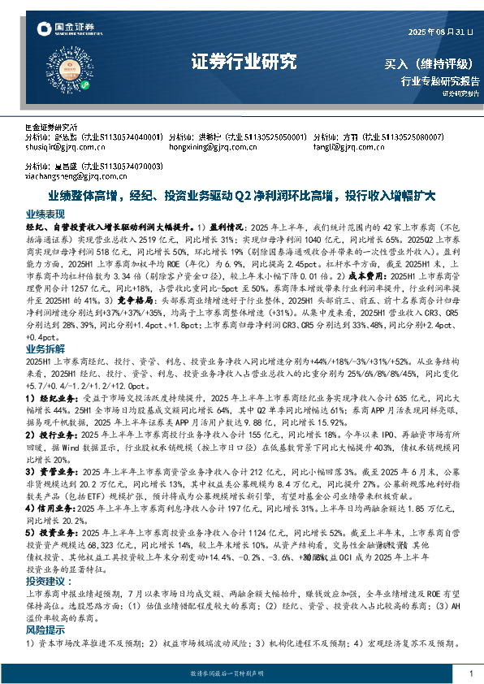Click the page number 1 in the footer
click(x=471, y=674)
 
